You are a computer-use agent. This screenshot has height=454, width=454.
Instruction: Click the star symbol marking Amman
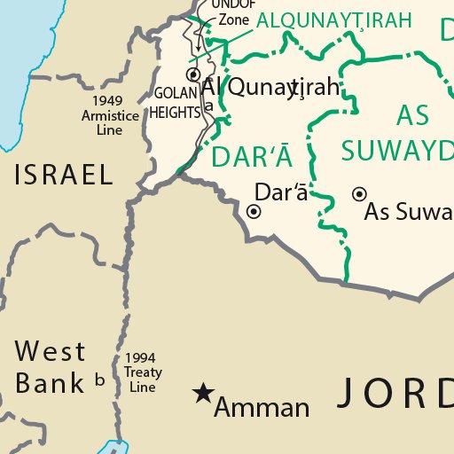coord(203,392)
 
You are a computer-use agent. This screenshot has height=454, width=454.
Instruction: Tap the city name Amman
coord(262,408)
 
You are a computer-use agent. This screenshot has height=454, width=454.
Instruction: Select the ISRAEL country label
coord(64,175)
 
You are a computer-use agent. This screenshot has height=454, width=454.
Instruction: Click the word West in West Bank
coord(51,352)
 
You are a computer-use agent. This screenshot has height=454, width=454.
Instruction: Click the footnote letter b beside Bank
coord(99,381)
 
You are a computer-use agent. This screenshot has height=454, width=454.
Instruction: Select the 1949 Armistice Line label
coord(109,115)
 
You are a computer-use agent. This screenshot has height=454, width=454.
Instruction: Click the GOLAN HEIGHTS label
coord(175,103)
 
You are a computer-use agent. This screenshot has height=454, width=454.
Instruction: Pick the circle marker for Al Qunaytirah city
coord(192,74)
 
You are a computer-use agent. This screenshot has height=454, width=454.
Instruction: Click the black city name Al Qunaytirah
coord(270,87)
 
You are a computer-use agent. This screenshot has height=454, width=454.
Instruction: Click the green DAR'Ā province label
coord(252,157)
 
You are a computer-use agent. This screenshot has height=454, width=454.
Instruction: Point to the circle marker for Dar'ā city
coord(254,211)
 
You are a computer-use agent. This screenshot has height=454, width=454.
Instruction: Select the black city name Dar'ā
coord(280,192)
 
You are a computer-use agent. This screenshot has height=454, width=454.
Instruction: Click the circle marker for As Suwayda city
coord(359,193)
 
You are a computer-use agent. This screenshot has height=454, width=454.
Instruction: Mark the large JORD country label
coord(395,392)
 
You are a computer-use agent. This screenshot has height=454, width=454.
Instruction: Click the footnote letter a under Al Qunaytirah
coord(209,106)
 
